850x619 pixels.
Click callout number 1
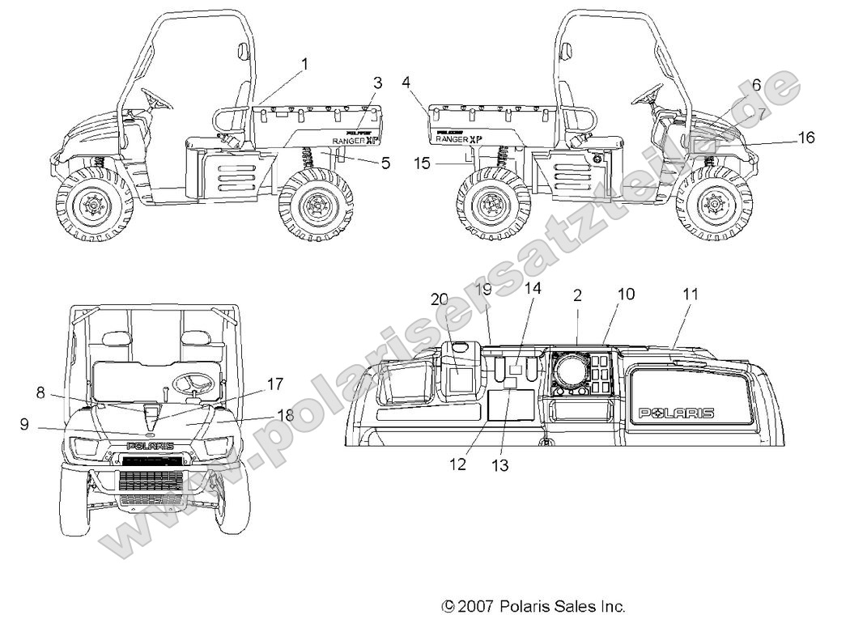pyautogui.click(x=304, y=62)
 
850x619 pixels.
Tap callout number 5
pyautogui.click(x=385, y=163)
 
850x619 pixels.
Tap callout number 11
pyautogui.click(x=690, y=295)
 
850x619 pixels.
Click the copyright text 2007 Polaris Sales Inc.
pyautogui.click(x=533, y=605)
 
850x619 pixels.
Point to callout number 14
pyautogui.click(x=533, y=287)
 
